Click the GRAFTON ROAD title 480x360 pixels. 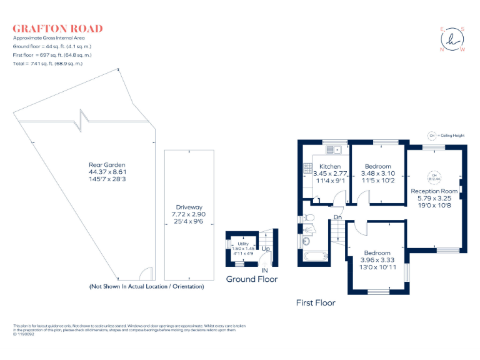pyautogui.click(x=57, y=29)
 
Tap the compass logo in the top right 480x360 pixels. pyautogui.click(x=452, y=39)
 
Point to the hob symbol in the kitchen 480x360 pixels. pyautogui.click(x=307, y=168)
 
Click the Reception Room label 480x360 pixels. pyautogui.click(x=434, y=191)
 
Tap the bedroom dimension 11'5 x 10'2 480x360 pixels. pyautogui.click(x=377, y=181)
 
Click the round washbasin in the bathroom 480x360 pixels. pyautogui.click(x=307, y=241)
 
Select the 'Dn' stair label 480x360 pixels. pyautogui.click(x=337, y=217)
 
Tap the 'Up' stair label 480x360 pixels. pyautogui.click(x=265, y=248)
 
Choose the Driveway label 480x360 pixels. pyautogui.click(x=189, y=207)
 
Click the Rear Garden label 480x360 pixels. pyautogui.click(x=107, y=165)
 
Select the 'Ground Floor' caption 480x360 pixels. pyautogui.click(x=251, y=279)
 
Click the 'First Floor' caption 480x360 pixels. pyautogui.click(x=316, y=302)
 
